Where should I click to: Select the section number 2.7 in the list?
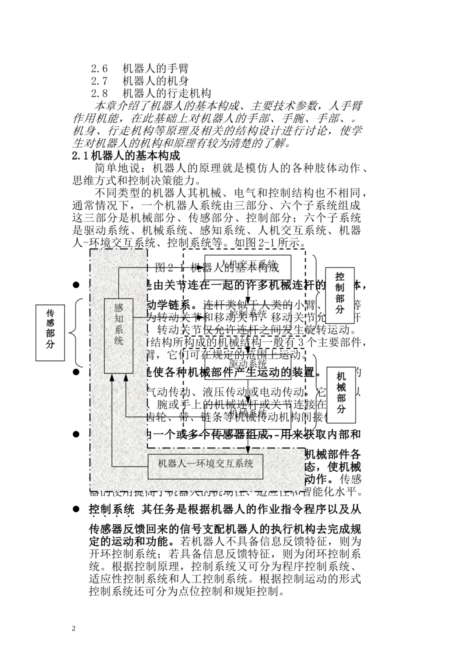coord(99,80)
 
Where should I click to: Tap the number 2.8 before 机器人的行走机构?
coord(99,93)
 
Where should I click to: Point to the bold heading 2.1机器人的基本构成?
coord(126,155)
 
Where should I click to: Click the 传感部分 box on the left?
coord(50,332)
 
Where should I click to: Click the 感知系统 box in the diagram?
coord(118,335)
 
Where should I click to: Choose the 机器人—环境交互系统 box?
coord(205,463)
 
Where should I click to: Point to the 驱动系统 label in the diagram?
coord(248,365)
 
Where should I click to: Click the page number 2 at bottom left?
coord(74,628)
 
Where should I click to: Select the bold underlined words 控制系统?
coord(111,509)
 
